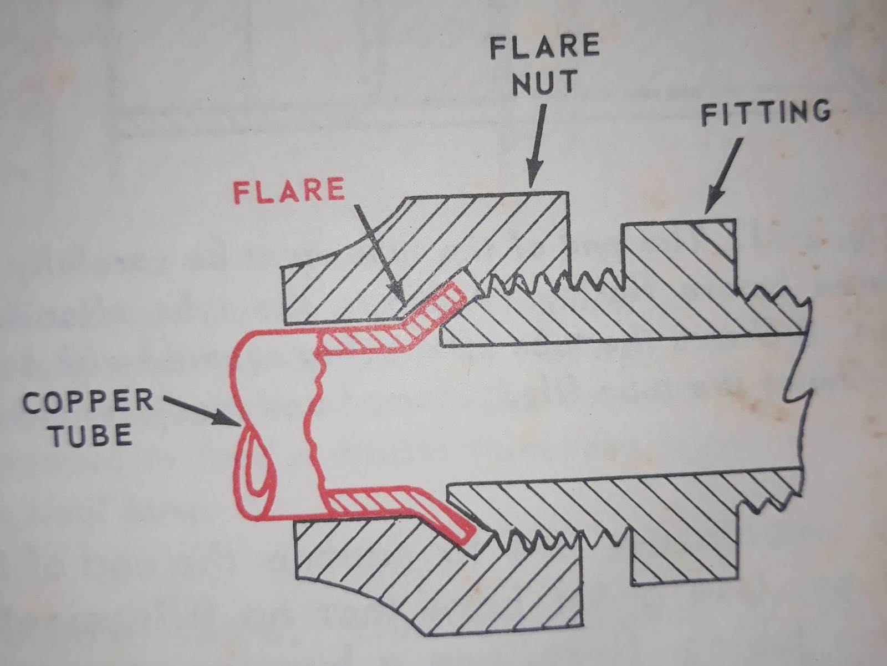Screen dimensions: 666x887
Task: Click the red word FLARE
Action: click(288, 191)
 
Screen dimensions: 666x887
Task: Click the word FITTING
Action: click(766, 113)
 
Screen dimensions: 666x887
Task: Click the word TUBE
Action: click(91, 435)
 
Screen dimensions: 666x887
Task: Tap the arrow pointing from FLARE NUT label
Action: click(537, 144)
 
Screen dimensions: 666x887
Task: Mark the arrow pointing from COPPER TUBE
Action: click(202, 410)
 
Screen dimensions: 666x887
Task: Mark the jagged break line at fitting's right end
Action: click(796, 399)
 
